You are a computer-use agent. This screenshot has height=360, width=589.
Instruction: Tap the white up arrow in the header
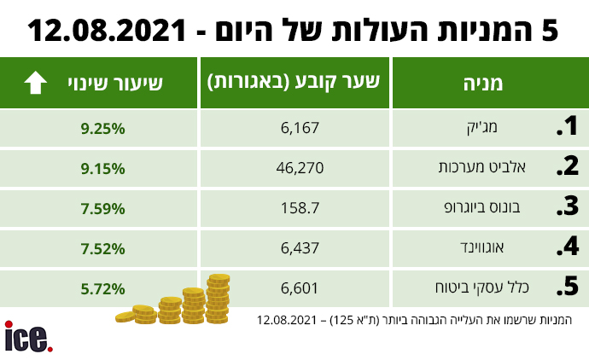tap(35, 83)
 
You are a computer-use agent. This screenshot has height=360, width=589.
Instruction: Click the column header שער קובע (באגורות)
tap(294, 83)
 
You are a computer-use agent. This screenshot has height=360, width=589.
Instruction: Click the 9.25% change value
tap(104, 128)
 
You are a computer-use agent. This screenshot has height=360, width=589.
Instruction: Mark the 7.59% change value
tap(104, 208)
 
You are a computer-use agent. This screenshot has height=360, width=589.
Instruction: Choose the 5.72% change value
tap(104, 288)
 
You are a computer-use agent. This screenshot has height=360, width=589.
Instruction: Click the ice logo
tap(28, 338)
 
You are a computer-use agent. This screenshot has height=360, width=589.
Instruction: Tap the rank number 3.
tap(568, 208)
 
